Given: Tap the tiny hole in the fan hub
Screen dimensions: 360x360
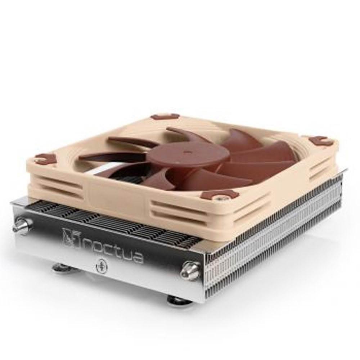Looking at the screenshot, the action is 186,152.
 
